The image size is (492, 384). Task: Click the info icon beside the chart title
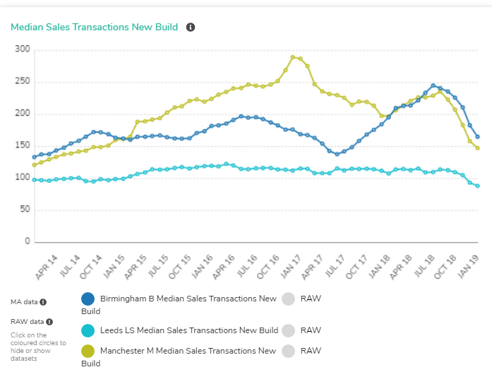pyautogui.click(x=191, y=28)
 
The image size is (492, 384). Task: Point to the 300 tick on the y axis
pyautogui.click(x=23, y=49)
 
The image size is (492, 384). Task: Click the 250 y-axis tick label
pyautogui.click(x=23, y=82)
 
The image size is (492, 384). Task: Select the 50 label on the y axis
pyautogui.click(x=25, y=210)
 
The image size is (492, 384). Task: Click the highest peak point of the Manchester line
pyautogui.click(x=293, y=57)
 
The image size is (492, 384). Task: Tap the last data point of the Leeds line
pyautogui.click(x=478, y=186)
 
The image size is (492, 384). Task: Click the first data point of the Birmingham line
pyautogui.click(x=34, y=157)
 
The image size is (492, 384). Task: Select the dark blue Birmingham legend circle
pyautogui.click(x=88, y=299)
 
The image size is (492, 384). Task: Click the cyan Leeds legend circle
pyautogui.click(x=88, y=330)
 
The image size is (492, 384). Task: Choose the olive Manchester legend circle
pyautogui.click(x=88, y=351)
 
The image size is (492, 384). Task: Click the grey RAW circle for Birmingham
pyautogui.click(x=287, y=299)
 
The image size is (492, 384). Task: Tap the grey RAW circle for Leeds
pyautogui.click(x=287, y=330)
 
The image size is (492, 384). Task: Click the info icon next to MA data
pyautogui.click(x=43, y=302)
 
